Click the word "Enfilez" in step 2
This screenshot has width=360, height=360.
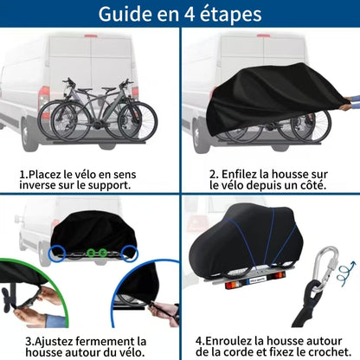(x=240, y=173)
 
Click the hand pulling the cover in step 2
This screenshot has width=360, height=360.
(x=344, y=105)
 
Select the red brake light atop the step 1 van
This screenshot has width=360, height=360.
(x=91, y=36)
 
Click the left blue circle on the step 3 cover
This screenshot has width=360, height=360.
(x=59, y=252)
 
